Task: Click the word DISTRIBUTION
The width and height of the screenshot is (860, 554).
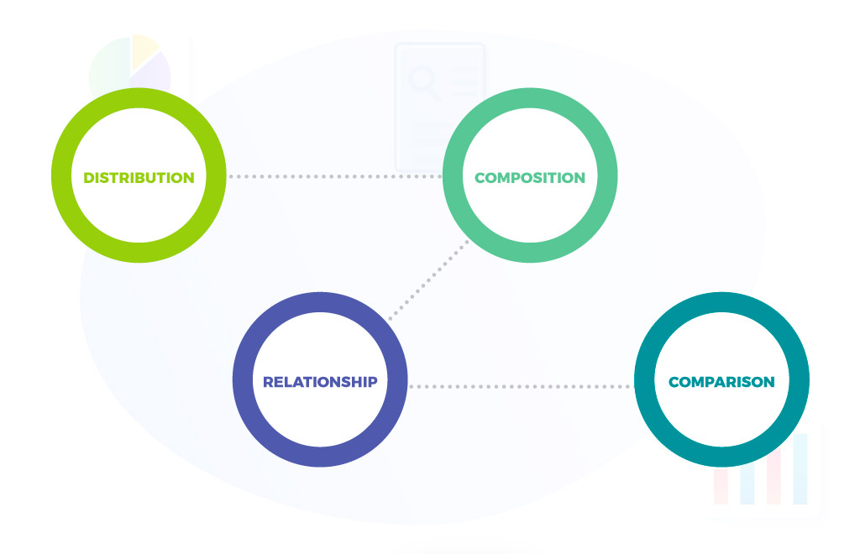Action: click(139, 178)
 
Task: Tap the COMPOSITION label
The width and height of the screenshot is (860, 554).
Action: click(529, 178)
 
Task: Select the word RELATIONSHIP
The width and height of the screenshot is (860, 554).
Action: click(320, 382)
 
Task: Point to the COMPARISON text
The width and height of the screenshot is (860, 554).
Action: click(721, 382)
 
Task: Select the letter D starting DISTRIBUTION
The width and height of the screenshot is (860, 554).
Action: click(88, 178)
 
